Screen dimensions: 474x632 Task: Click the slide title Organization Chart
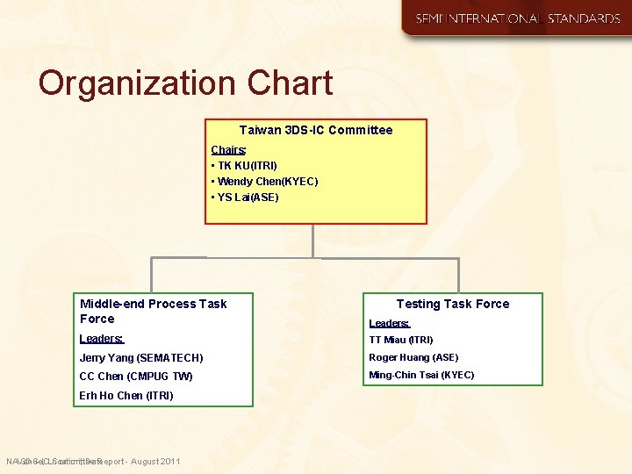[185, 83]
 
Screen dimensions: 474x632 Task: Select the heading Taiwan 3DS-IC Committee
[316, 130]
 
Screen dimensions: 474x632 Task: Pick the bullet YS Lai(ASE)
[245, 197]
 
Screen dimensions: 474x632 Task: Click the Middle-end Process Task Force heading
[153, 311]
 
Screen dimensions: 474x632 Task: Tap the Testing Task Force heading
[452, 304]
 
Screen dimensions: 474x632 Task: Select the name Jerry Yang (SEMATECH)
[141, 358]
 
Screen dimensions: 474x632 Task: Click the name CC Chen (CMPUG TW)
[136, 377]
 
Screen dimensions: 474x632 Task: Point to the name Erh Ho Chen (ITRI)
[126, 396]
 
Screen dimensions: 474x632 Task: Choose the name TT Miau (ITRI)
[401, 340]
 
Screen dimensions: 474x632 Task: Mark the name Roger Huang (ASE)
[413, 357]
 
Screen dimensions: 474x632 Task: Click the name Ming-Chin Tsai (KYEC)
[421, 375]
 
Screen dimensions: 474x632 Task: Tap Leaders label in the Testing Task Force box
[389, 323]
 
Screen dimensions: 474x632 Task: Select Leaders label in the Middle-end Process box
[102, 338]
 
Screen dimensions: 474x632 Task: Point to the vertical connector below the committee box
[312, 241]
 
